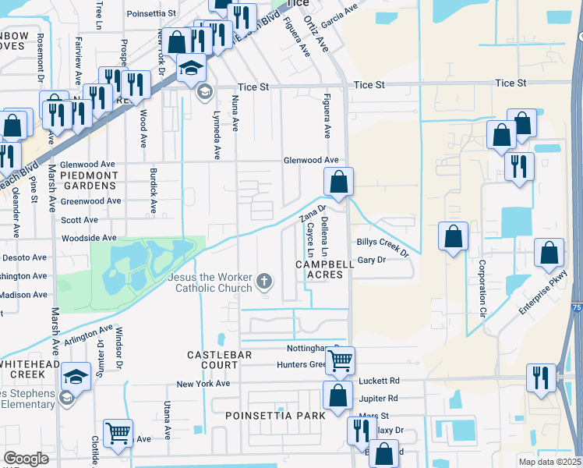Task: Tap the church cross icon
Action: click(x=265, y=281)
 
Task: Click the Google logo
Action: click(x=26, y=459)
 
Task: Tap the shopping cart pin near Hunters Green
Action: click(x=339, y=360)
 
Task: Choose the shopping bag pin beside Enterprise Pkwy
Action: click(x=549, y=253)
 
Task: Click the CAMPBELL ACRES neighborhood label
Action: click(x=325, y=270)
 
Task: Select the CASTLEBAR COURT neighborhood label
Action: click(x=212, y=360)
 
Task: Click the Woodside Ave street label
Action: click(x=89, y=238)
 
